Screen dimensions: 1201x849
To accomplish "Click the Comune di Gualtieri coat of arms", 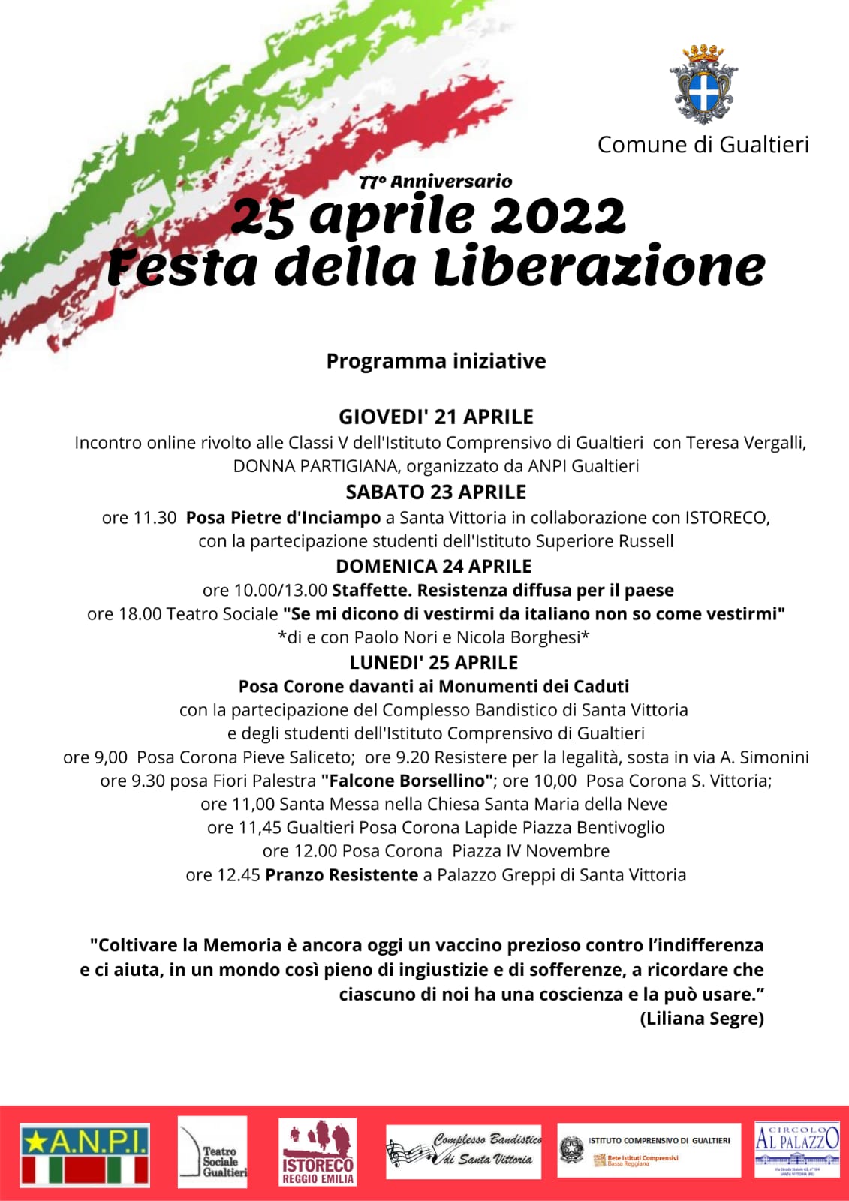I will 703,84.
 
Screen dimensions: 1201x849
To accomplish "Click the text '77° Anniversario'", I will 435,182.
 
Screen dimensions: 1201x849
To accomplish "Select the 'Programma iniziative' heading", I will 435,361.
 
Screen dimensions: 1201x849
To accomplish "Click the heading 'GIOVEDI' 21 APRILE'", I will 435,417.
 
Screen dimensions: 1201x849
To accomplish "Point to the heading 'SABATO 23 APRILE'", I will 435,492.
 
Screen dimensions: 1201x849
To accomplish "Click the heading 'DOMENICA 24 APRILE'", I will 433,567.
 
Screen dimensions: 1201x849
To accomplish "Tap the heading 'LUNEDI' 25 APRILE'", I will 433,663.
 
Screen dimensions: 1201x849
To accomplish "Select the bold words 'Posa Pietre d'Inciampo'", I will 283,518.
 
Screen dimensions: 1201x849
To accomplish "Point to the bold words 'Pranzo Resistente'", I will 342,875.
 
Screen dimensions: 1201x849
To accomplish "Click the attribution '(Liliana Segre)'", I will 702,1019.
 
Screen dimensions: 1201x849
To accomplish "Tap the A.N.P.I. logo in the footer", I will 85,1154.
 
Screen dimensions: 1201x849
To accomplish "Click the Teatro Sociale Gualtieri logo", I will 212,1152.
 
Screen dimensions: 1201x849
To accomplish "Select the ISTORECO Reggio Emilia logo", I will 318,1152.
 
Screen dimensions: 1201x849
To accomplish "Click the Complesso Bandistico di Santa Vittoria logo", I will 465,1151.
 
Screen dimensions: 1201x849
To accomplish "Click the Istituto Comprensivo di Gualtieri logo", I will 649,1150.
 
